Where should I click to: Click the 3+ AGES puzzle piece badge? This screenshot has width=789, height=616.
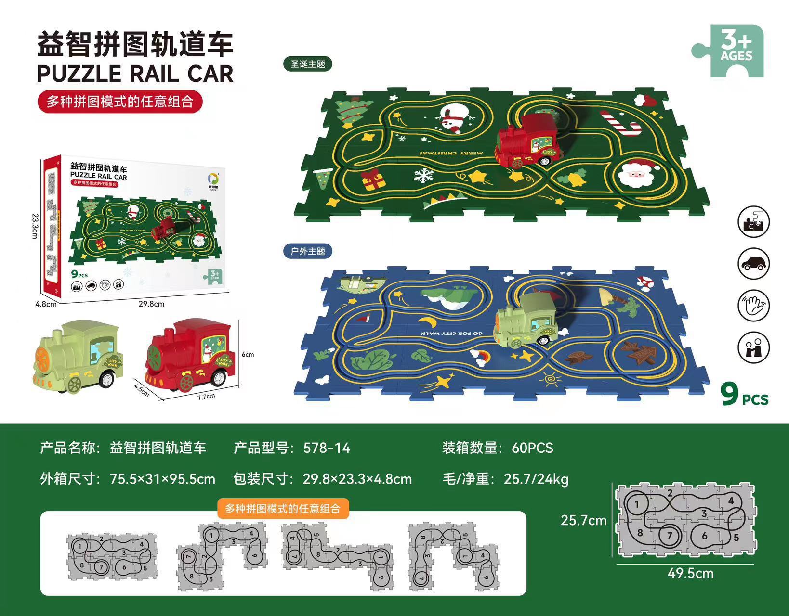733,51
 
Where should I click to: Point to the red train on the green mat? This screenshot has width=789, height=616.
528,140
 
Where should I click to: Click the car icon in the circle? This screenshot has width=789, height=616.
753,264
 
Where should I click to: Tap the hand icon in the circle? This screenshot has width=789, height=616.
753,306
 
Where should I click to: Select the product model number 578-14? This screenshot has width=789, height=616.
327,448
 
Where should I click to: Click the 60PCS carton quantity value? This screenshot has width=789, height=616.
532,448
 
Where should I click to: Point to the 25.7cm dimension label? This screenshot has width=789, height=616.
583,520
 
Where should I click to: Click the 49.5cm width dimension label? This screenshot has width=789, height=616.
690,573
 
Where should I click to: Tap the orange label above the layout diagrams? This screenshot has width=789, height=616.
283,509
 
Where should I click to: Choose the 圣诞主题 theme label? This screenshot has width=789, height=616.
308,64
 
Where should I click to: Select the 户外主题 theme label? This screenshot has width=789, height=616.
308,251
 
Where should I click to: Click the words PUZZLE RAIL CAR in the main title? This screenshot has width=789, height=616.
135,74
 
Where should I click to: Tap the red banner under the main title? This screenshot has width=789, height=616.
120,102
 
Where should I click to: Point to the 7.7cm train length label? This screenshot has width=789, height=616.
205,397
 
